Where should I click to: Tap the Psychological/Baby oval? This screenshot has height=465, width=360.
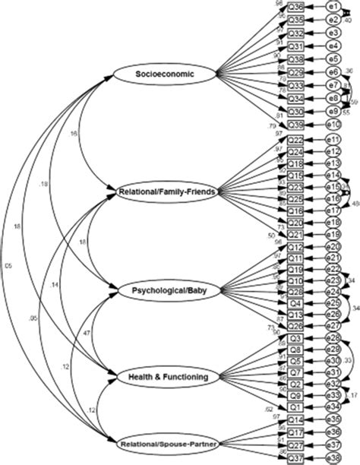pyautogui.click(x=159, y=289)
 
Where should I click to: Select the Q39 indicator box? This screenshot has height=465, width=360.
pyautogui.click(x=297, y=124)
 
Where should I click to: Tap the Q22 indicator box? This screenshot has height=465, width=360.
pyautogui.click(x=297, y=140)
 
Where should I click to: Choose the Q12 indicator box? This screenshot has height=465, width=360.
pyautogui.click(x=297, y=248)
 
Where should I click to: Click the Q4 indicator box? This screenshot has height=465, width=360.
pyautogui.click(x=297, y=302)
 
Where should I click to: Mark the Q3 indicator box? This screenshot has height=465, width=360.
pyautogui.click(x=297, y=338)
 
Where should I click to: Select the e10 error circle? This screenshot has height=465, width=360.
pyautogui.click(x=332, y=124)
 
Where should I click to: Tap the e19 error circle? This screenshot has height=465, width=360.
pyautogui.click(x=332, y=234)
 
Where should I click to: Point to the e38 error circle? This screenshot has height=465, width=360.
pyautogui.click(x=332, y=458)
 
